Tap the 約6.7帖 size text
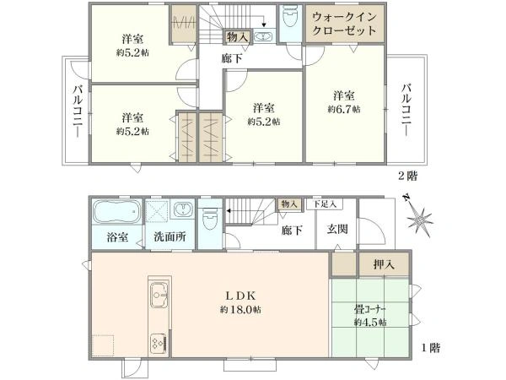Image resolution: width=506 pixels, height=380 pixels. (x=344, y=110)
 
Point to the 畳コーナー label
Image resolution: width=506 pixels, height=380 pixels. (x=369, y=308)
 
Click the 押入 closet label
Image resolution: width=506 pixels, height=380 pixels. (x=383, y=264)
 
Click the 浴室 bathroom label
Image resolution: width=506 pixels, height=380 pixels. (x=117, y=237)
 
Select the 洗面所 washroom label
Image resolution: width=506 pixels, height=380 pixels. (x=169, y=237)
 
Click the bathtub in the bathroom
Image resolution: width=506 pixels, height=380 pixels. (x=117, y=211)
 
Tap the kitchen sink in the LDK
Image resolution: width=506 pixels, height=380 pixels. (x=159, y=296)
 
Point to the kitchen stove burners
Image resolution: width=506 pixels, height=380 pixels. (x=159, y=341)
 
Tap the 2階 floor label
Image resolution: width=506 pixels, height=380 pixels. (x=407, y=176)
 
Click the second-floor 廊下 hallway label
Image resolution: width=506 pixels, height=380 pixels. (x=231, y=57)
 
